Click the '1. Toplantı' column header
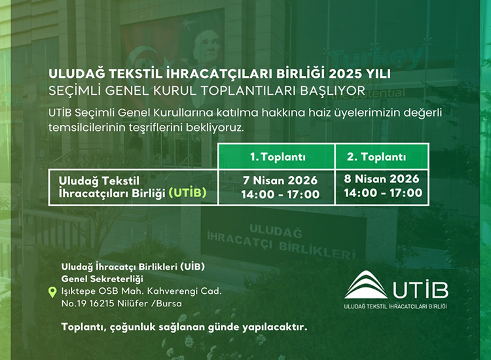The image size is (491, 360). pos(278,157)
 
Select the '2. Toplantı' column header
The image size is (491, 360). pos(382,157)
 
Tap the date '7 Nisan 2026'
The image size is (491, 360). pos(280,181)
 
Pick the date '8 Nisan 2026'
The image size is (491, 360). pos(382,179)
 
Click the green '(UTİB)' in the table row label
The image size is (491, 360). pos(188,193)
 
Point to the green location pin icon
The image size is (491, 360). pos(52,293)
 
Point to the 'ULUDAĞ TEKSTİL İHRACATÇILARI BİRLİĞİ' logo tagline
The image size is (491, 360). pos(395,306)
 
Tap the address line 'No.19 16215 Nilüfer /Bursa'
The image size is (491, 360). pos(121,303)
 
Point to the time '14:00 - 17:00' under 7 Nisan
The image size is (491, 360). pos(280,194)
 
